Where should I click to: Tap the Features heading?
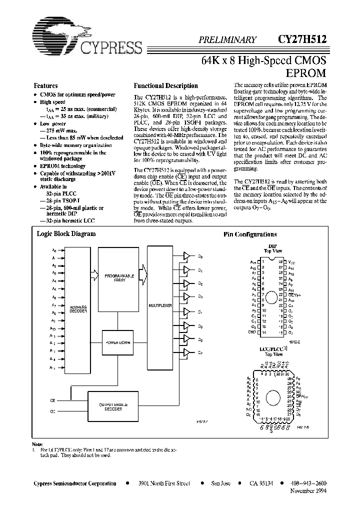tap(46, 85)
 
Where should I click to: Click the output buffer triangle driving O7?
tap(186, 353)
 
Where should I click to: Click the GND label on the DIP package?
tap(252, 332)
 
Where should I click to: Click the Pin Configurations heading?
tap(249, 234)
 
